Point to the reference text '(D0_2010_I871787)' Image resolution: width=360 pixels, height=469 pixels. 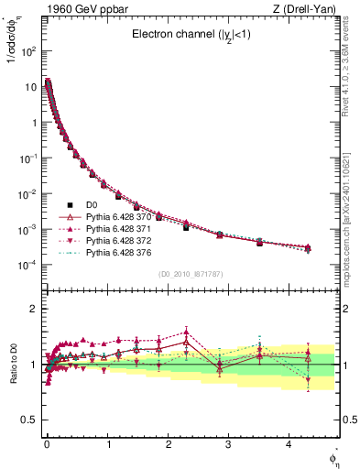(x=191, y=274)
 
